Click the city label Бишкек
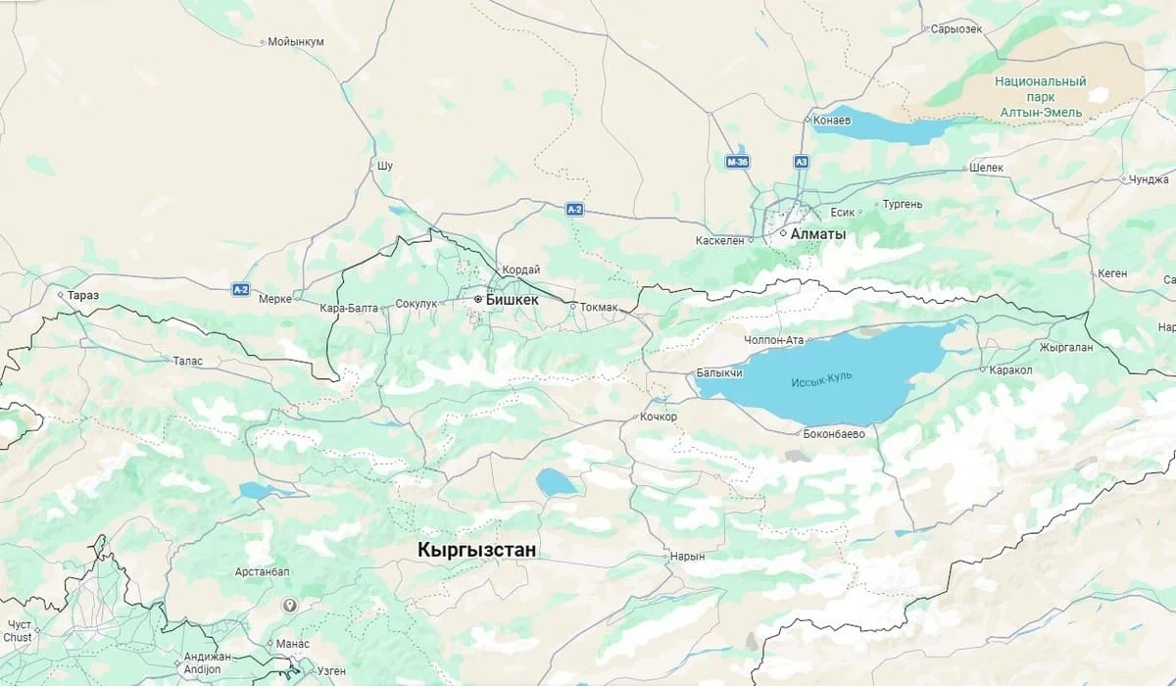(x=512, y=299)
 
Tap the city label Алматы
(x=818, y=235)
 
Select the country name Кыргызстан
(x=477, y=550)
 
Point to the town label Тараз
(x=83, y=295)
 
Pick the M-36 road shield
(x=738, y=161)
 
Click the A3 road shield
(x=802, y=161)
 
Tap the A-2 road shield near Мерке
(x=241, y=289)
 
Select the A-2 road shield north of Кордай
(x=575, y=209)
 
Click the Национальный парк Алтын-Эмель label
(x=1041, y=97)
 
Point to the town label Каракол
(x=1011, y=370)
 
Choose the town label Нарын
(x=687, y=557)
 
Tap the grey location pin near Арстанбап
(x=289, y=606)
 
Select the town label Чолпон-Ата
(x=774, y=340)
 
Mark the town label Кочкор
(x=658, y=416)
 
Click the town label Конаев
(x=832, y=121)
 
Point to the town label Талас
(x=187, y=361)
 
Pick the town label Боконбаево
(x=833, y=433)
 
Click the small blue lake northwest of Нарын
(x=556, y=481)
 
